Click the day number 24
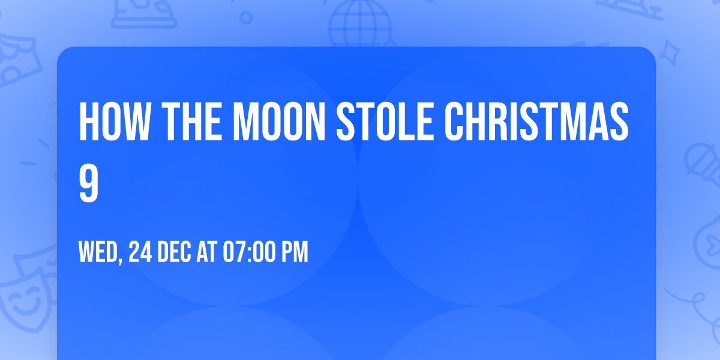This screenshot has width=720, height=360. tap(140, 253)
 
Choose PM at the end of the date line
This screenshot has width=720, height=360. tap(295, 253)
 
